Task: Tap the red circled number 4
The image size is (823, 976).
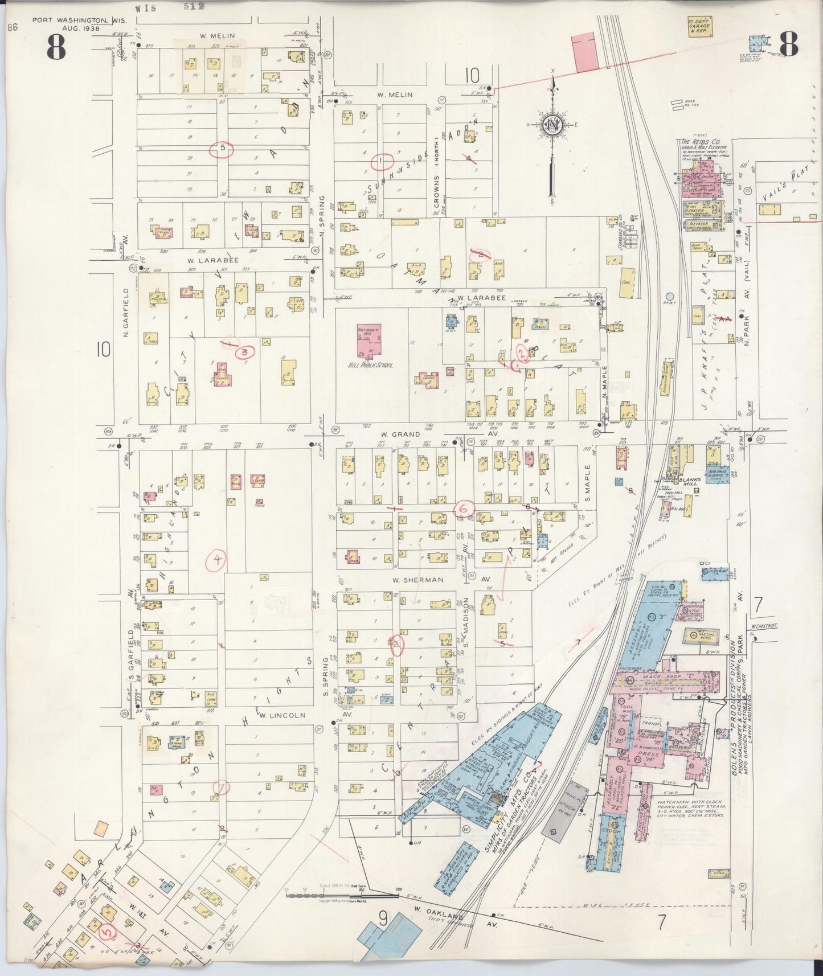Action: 217,560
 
